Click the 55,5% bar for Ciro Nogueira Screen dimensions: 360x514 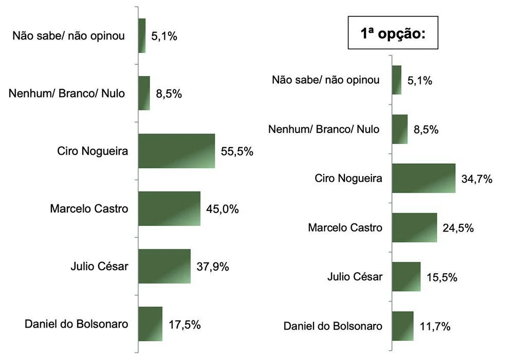click(x=176, y=151)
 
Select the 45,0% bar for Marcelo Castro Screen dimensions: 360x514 click(x=169, y=209)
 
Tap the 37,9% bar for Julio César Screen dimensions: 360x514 click(x=164, y=266)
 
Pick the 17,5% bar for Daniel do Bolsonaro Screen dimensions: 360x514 click(x=150, y=324)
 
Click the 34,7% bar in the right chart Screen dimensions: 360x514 click(x=424, y=178)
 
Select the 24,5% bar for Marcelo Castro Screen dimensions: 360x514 click(x=414, y=228)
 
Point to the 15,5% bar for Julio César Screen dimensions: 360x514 click(x=406, y=277)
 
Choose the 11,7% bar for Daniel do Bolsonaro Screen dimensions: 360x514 click(x=402, y=326)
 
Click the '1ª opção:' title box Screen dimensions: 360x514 click(x=393, y=33)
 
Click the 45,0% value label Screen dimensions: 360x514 click(x=223, y=209)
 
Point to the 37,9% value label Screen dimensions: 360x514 click(x=213, y=267)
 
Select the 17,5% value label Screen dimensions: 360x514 click(x=185, y=325)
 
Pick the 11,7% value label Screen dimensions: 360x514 click(x=435, y=327)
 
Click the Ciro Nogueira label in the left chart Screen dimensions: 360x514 click(x=93, y=151)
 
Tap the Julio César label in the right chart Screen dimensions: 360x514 click(x=355, y=277)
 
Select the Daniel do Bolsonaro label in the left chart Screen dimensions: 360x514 click(x=77, y=324)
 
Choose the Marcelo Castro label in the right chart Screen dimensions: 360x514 click(x=345, y=228)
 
